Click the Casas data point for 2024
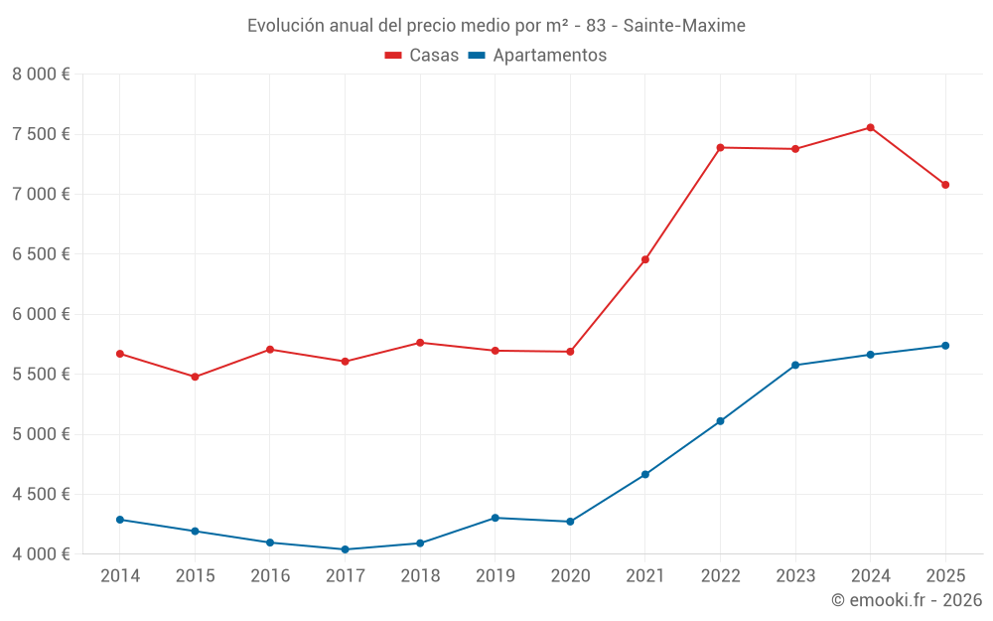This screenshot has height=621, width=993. (x=870, y=127)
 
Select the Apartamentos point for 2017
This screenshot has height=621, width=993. (x=345, y=549)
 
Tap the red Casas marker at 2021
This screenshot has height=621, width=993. (x=644, y=260)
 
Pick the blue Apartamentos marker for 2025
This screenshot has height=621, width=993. (x=945, y=346)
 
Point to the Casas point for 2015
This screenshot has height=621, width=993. (x=195, y=377)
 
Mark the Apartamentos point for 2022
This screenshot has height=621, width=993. (x=720, y=421)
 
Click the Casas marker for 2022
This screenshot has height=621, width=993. (x=720, y=148)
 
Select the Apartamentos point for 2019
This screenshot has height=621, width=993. (x=495, y=518)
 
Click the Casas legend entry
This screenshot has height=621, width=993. (x=422, y=56)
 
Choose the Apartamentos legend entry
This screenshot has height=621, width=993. (x=537, y=56)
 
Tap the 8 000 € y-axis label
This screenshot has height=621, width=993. (x=41, y=75)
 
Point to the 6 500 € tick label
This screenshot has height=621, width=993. (x=41, y=254)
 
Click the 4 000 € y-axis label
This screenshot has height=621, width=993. (x=41, y=554)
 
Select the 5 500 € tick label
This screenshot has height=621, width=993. (x=41, y=375)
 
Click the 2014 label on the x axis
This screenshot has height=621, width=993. (x=120, y=576)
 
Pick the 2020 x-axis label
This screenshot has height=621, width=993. (x=570, y=576)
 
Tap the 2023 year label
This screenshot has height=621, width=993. (x=795, y=576)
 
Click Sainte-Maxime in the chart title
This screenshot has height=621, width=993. (x=684, y=26)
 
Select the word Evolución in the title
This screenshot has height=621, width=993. (x=283, y=26)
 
